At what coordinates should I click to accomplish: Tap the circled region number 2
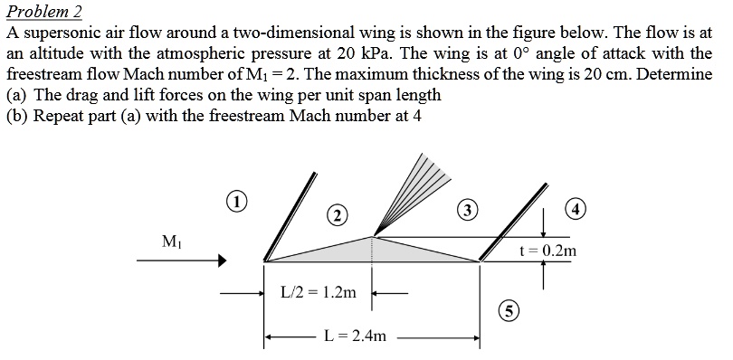tap(336, 215)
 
